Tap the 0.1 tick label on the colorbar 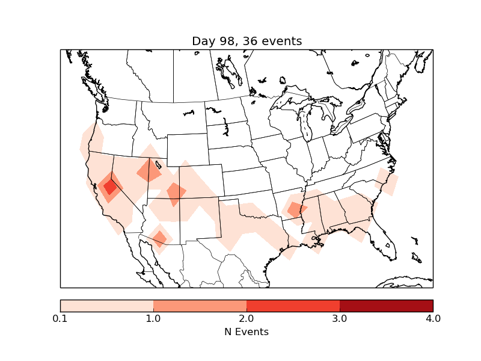click(x=60, y=318)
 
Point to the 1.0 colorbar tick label click(x=153, y=318)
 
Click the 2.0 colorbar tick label click(x=247, y=318)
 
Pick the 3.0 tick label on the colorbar click(x=340, y=318)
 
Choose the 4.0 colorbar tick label click(x=433, y=318)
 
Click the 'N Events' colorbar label click(x=247, y=332)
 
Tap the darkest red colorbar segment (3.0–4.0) click(x=386, y=306)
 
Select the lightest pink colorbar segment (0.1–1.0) click(x=106, y=306)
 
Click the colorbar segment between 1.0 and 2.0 click(x=200, y=306)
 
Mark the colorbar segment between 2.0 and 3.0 click(x=293, y=306)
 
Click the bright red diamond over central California click(x=110, y=187)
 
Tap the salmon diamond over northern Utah click(x=149, y=171)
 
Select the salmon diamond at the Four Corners click(x=176, y=194)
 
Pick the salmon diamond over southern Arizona click(x=159, y=238)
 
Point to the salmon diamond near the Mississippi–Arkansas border click(x=295, y=210)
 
